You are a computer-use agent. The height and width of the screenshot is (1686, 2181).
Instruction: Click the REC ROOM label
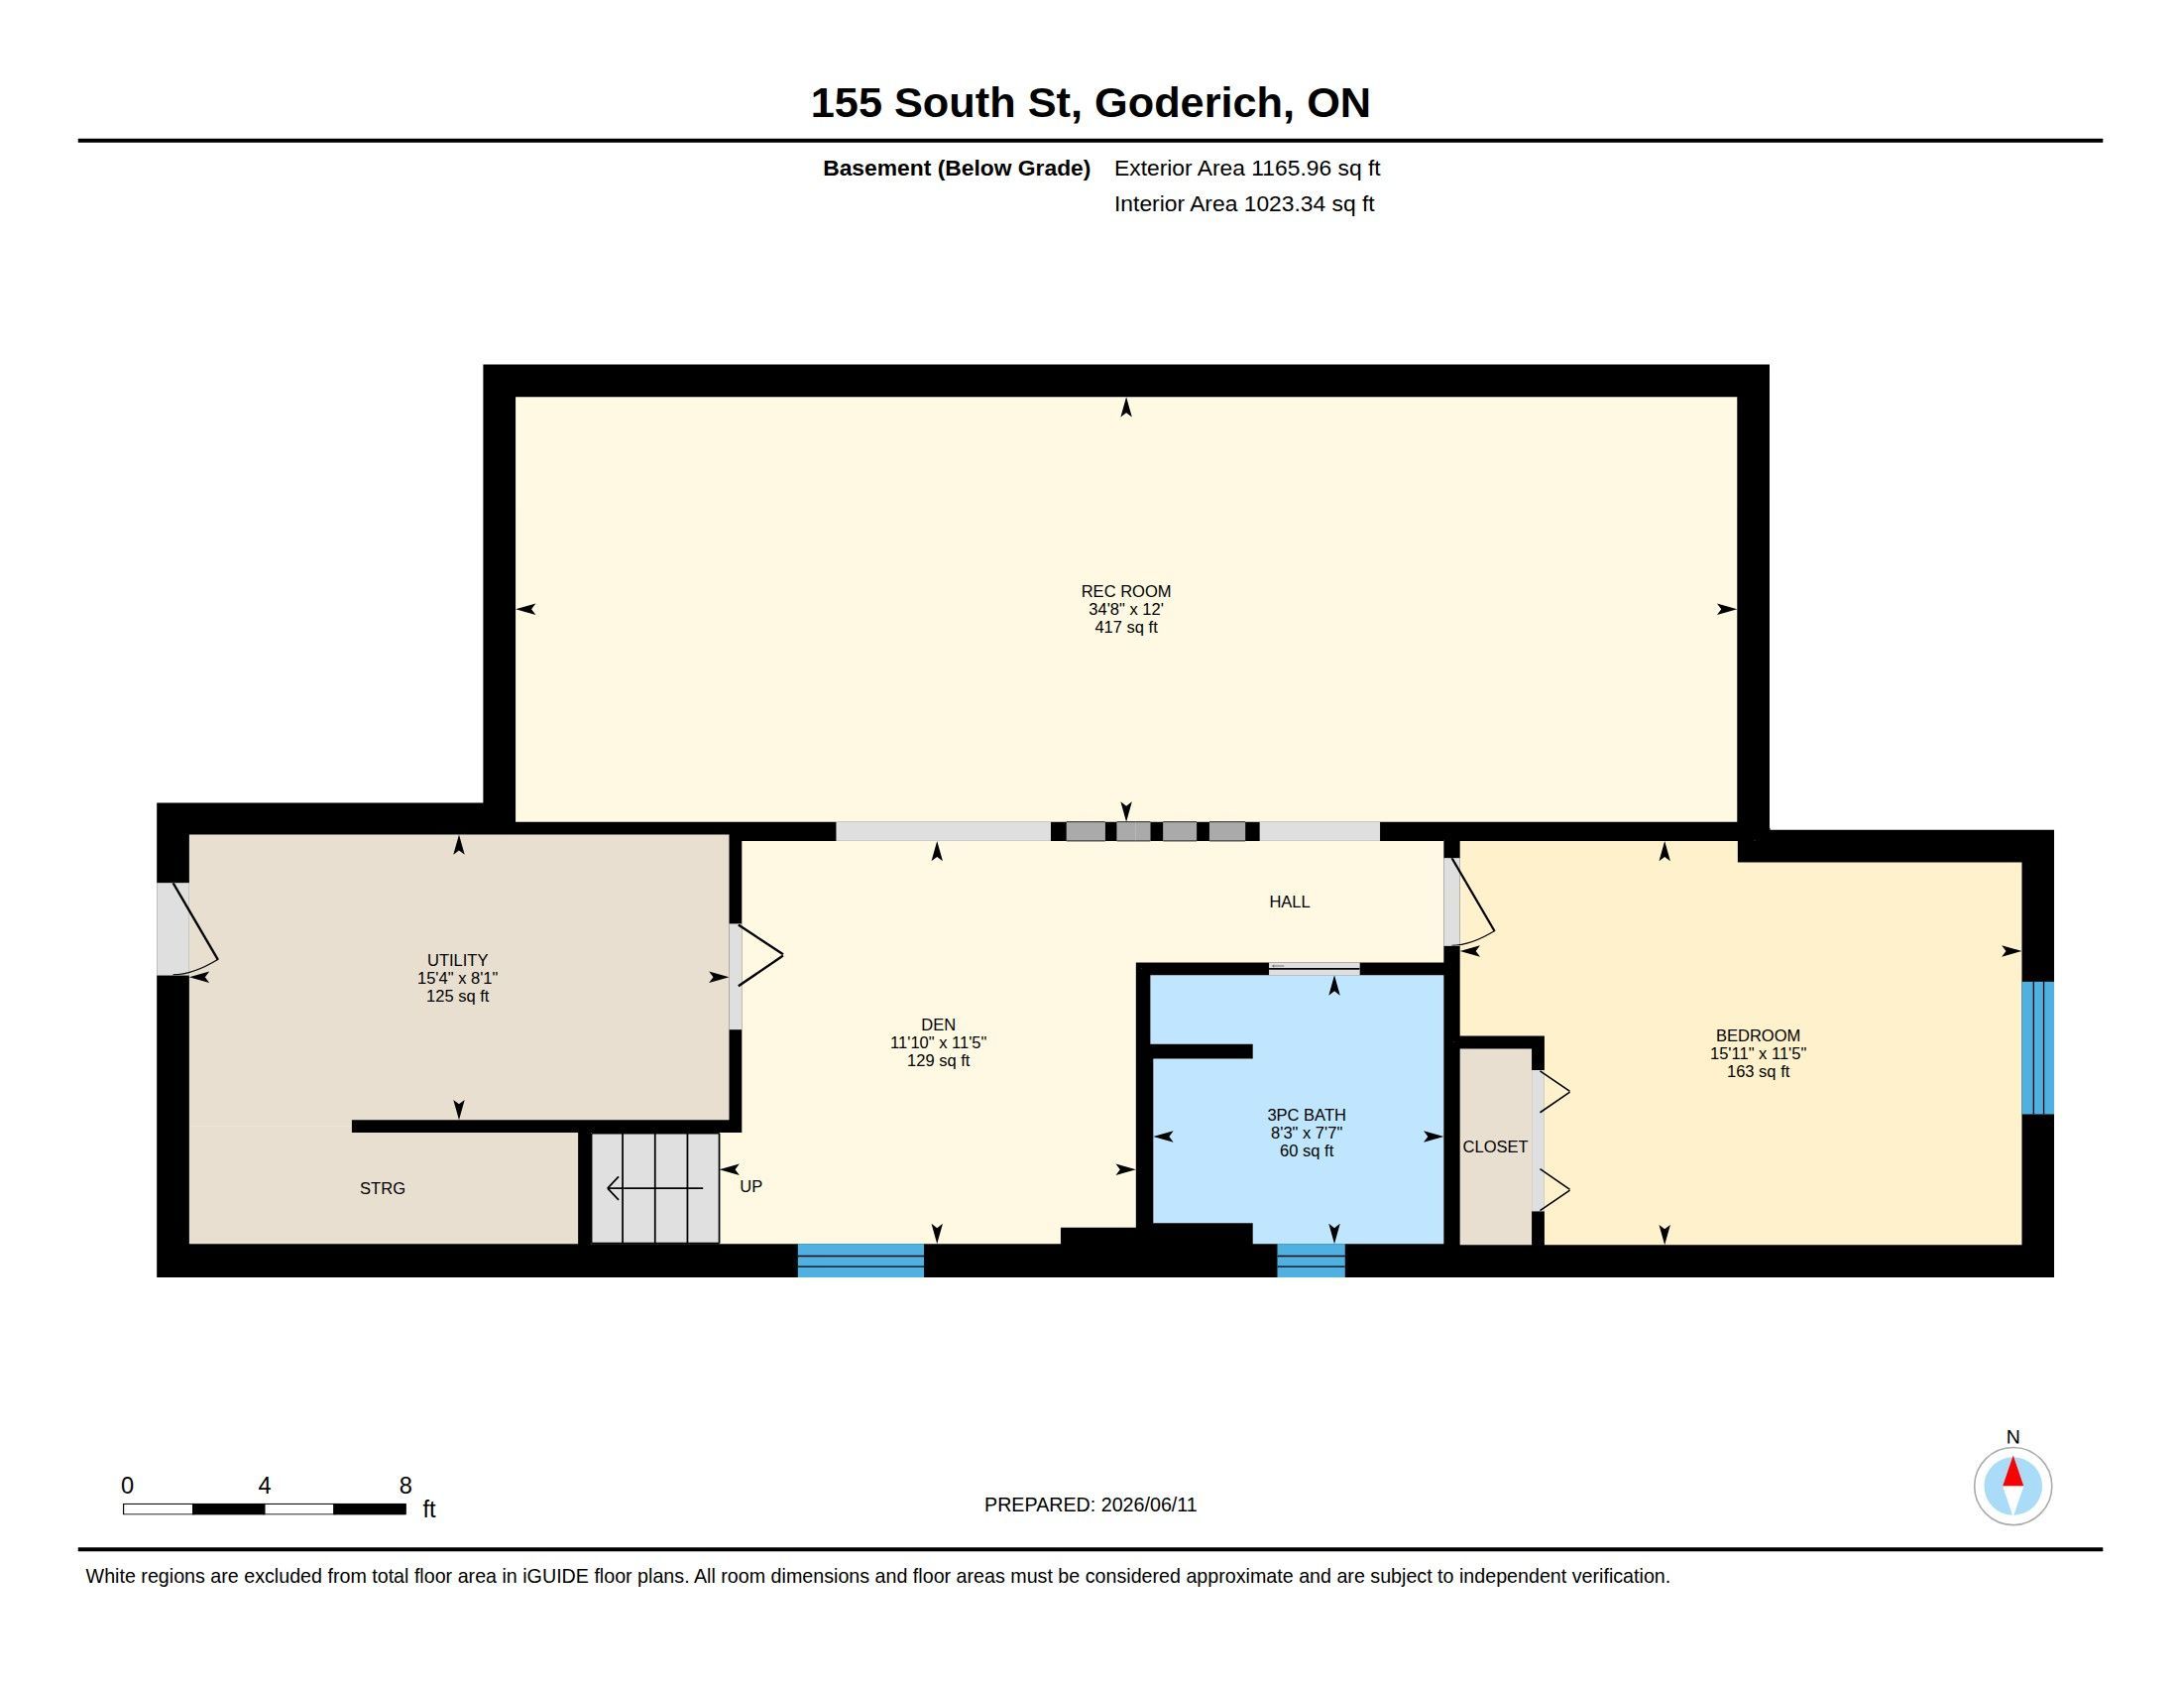[1125, 591]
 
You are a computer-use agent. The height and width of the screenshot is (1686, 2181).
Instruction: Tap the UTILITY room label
[457, 960]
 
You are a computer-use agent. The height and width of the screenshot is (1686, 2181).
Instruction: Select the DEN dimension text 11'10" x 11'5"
[938, 1042]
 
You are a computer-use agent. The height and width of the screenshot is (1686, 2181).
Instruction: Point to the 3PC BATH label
[1307, 1115]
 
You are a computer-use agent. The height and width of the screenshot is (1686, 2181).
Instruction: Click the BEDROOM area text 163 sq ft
[1758, 1072]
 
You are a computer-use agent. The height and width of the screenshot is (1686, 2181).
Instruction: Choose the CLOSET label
[1495, 1146]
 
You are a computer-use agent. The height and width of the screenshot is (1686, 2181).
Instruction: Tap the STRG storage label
[383, 1187]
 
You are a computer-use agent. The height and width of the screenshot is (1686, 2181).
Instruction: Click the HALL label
[1289, 902]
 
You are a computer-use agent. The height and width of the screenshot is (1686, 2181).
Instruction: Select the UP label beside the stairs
[751, 1186]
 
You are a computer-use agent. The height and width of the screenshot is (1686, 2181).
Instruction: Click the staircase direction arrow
[655, 1187]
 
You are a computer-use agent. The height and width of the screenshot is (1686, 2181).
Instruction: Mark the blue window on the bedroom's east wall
[2037, 1046]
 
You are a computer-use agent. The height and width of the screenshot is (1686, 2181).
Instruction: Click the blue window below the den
[861, 1260]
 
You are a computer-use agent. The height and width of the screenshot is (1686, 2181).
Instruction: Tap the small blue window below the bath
[1312, 1260]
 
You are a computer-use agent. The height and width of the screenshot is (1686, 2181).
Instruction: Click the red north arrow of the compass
[2013, 1472]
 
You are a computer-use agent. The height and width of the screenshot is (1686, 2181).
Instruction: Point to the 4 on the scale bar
[265, 1486]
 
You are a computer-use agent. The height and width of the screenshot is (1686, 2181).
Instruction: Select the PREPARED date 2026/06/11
[1148, 1505]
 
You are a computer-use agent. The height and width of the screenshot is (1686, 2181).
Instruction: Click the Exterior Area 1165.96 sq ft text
[1247, 169]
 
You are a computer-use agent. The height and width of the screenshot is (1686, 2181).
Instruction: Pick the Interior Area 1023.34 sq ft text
[1244, 203]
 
